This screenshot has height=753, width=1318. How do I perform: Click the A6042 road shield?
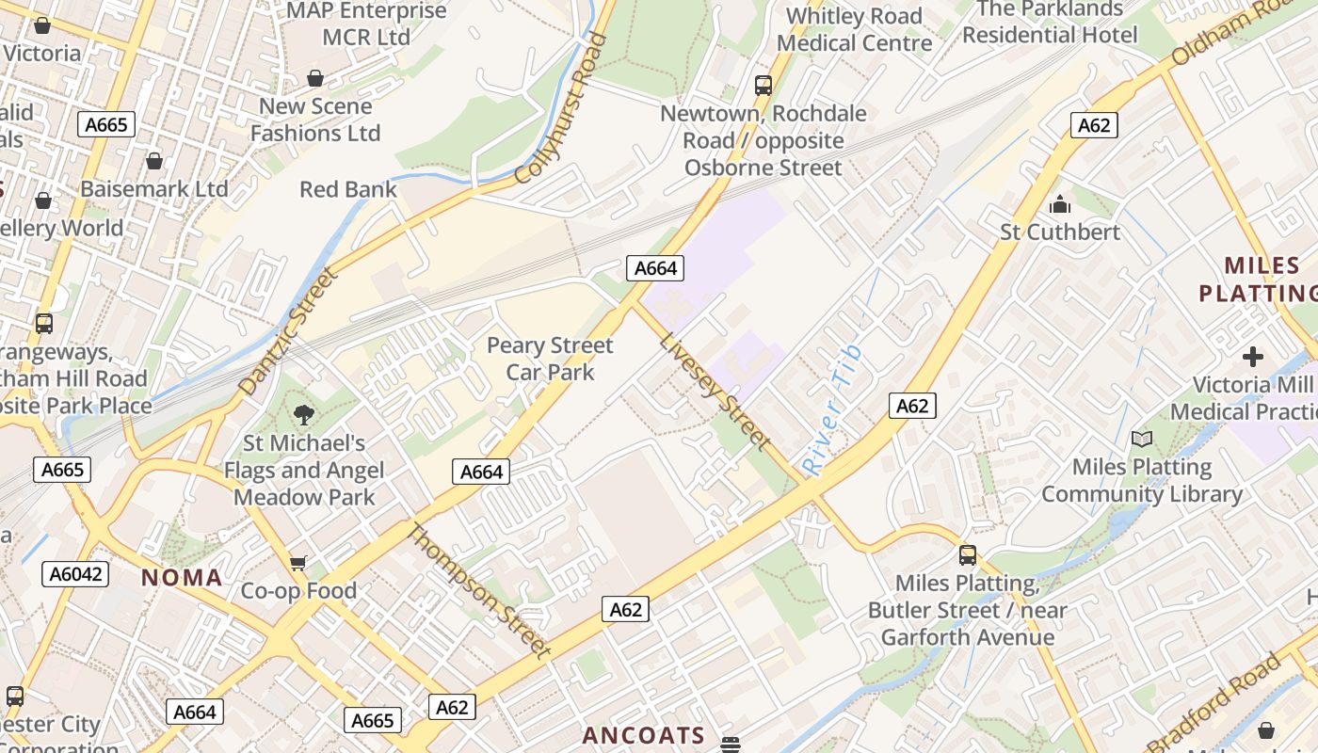[78, 574]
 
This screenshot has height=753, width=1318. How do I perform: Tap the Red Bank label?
[348, 189]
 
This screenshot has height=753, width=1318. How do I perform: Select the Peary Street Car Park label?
[550, 359]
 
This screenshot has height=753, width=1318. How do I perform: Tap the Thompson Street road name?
[477, 590]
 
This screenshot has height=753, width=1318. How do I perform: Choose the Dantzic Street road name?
[288, 331]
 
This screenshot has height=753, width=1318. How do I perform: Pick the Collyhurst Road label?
[562, 108]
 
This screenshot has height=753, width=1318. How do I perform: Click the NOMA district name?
[182, 578]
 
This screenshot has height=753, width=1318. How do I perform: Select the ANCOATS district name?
[644, 735]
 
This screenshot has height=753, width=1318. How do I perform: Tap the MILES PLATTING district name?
[1258, 279]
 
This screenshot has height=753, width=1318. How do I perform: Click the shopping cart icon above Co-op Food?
[298, 563]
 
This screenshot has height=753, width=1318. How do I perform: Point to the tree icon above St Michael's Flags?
[303, 414]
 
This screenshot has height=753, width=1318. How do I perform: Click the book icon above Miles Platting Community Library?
[1142, 439]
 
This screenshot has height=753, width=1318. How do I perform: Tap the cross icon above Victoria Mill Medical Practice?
[1252, 357]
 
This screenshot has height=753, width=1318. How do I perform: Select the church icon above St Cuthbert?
[1060, 204]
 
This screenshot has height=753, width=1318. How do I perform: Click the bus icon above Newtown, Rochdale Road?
[763, 86]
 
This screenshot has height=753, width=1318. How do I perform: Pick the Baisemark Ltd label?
[154, 188]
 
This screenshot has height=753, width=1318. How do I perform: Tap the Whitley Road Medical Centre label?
[854, 29]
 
